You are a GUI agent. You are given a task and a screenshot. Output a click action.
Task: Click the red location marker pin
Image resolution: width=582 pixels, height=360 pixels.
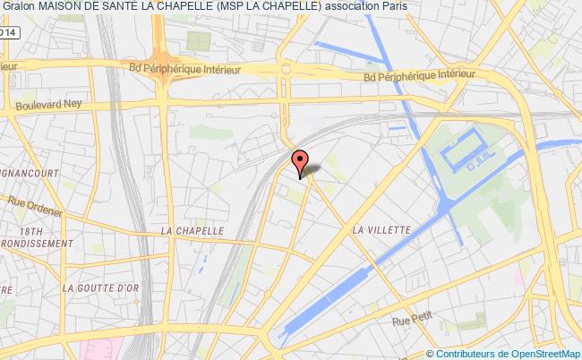pyautogui.click(x=300, y=161)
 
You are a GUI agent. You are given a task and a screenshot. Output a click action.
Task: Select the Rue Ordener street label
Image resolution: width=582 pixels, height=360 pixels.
pyautogui.click(x=36, y=211)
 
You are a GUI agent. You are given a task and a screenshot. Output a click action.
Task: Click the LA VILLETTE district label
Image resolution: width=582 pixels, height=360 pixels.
pyautogui.click(x=381, y=229)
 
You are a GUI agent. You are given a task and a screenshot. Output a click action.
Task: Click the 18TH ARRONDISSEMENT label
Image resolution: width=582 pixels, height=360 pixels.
pyautogui.click(x=36, y=236)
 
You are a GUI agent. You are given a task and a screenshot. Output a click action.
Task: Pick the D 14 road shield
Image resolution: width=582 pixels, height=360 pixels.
pyautogui.click(x=7, y=32)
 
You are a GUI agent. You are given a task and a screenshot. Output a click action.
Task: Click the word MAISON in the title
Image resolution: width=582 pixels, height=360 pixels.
pyautogui.click(x=62, y=8)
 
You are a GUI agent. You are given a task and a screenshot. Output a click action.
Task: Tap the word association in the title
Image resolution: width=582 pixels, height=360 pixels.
pyautogui.click(x=334, y=8)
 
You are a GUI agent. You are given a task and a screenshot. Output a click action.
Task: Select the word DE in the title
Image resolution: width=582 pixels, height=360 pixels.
pyautogui.click(x=98, y=8)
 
